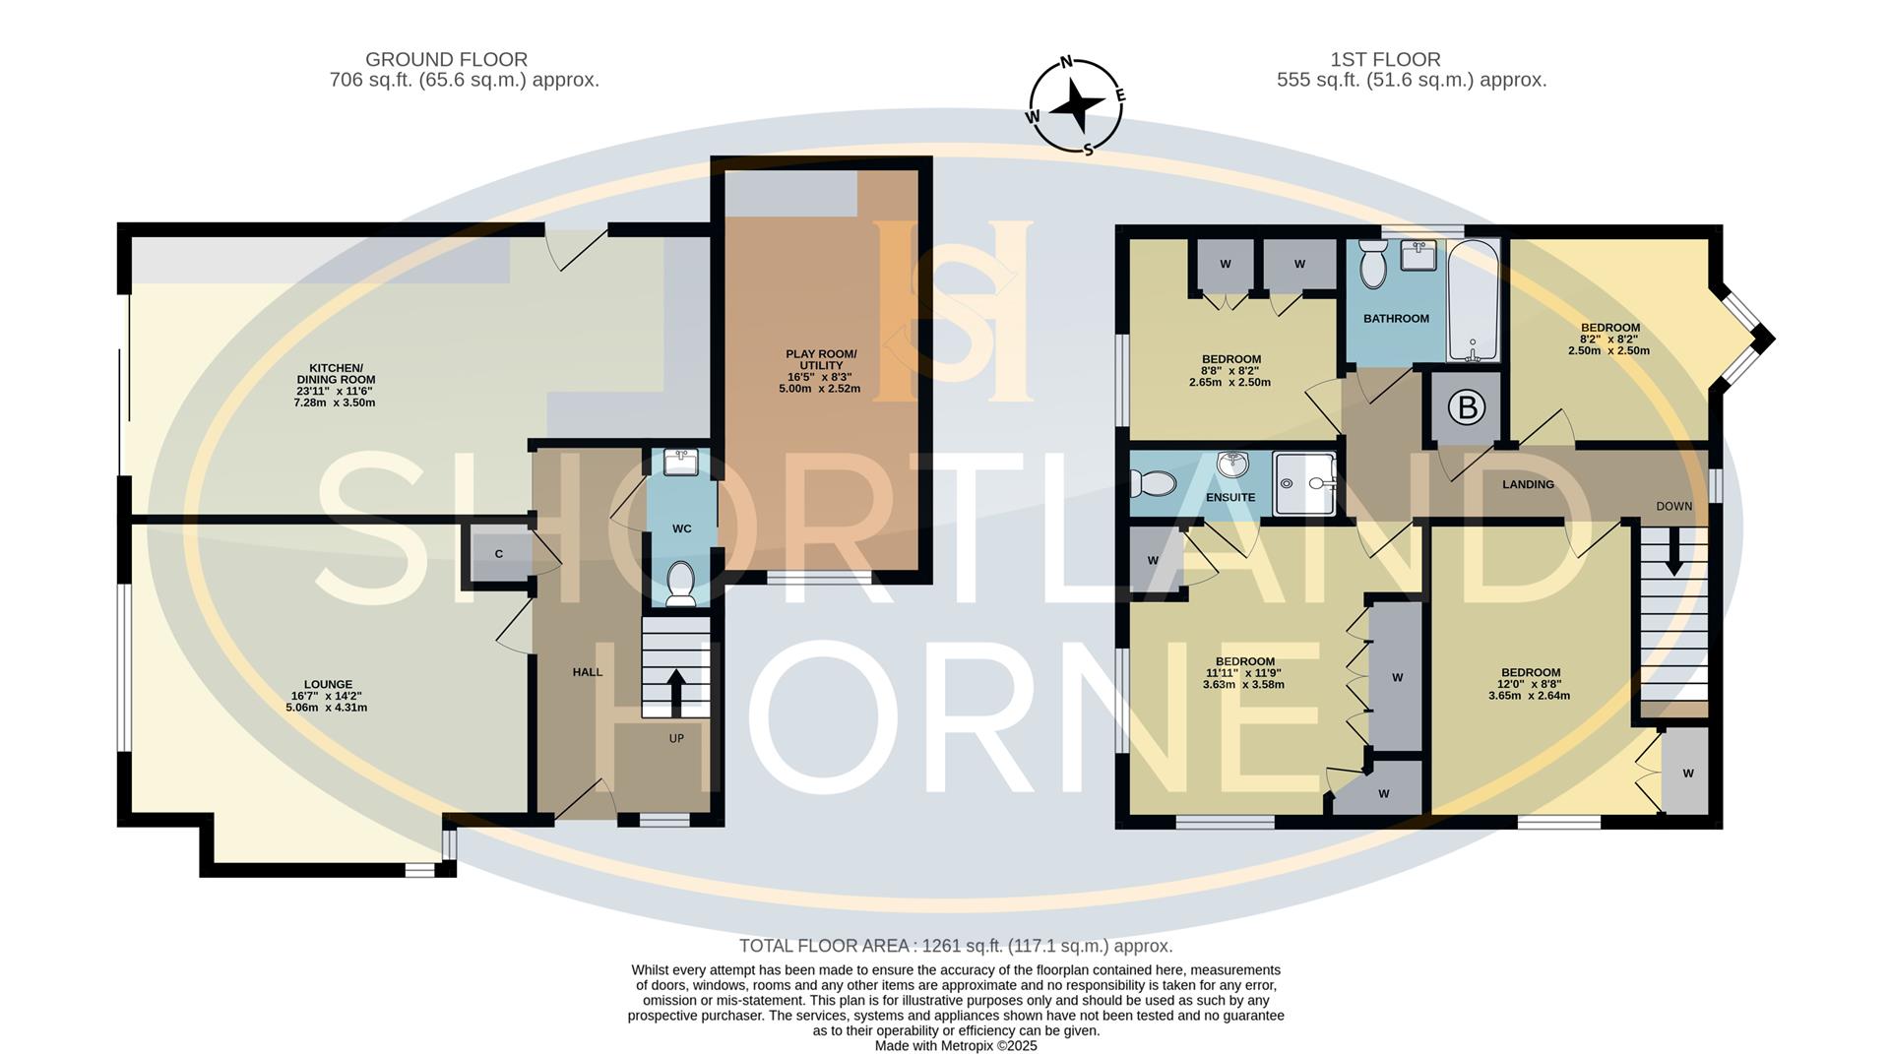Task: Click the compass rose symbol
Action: (x=1077, y=105)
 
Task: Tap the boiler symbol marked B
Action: (x=1467, y=407)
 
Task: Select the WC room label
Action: (x=682, y=528)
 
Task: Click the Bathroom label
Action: (x=1396, y=318)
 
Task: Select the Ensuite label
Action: (x=1230, y=497)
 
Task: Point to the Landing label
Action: (x=1528, y=484)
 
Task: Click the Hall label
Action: (x=588, y=672)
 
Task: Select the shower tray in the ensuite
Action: (x=1304, y=483)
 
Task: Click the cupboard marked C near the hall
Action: (x=498, y=554)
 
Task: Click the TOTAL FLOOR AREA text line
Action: (x=956, y=946)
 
